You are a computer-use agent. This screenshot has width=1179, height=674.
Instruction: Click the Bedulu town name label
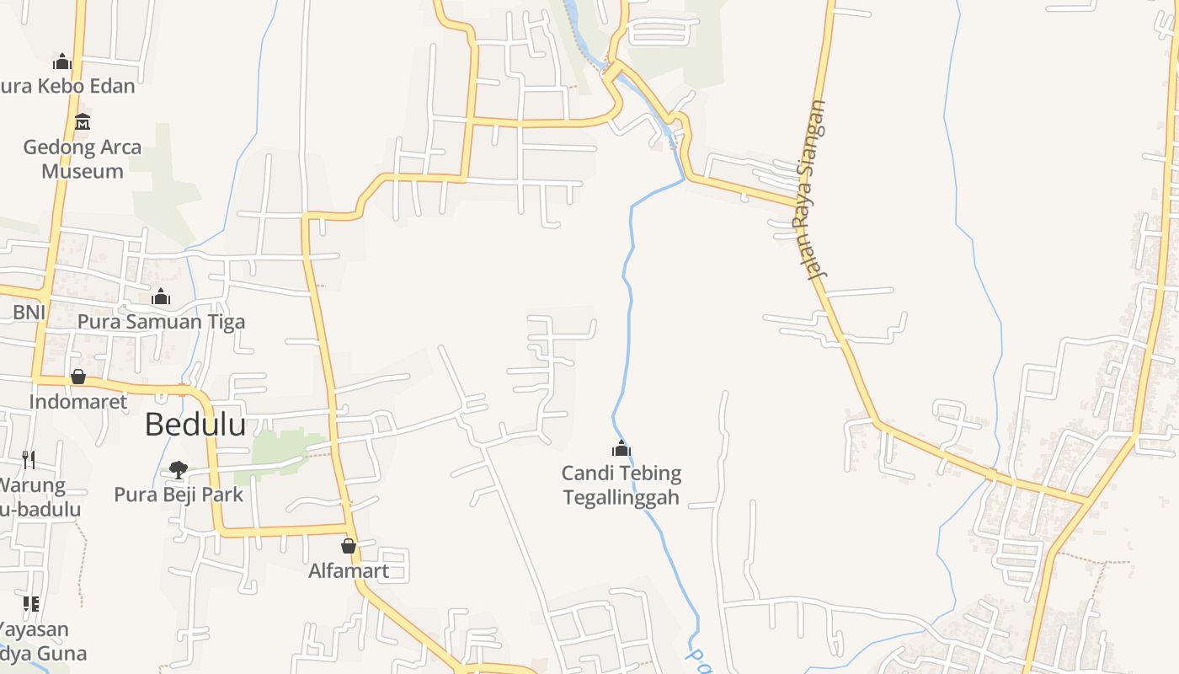(x=195, y=425)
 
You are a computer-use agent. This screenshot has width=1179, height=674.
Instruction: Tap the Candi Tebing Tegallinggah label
(x=622, y=485)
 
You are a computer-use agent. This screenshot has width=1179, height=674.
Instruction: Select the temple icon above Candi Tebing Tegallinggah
(x=622, y=448)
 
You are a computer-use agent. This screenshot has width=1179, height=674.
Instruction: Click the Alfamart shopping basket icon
(x=349, y=546)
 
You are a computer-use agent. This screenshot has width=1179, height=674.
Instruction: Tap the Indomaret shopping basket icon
(x=78, y=377)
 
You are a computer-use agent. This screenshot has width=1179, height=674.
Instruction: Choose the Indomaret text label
(x=78, y=402)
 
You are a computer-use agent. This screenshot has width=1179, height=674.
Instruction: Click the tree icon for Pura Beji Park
(x=178, y=469)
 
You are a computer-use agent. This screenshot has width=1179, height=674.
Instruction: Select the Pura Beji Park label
(x=179, y=495)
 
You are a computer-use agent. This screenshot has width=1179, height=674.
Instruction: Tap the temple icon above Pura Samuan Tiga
(x=161, y=297)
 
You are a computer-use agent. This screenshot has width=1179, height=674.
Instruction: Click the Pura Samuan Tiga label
(x=161, y=322)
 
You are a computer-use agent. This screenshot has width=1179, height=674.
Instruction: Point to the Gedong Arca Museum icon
(x=82, y=122)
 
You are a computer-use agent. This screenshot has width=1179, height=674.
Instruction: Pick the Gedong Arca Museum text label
(x=83, y=159)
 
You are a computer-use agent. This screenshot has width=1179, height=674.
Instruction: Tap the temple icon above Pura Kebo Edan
(x=61, y=62)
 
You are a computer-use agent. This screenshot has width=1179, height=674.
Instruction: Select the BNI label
(x=28, y=313)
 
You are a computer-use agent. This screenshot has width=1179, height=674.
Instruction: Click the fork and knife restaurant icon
(x=29, y=459)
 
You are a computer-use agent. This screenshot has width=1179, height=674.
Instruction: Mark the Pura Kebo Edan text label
(x=67, y=86)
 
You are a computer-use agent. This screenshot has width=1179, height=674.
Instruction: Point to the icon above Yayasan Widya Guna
(x=31, y=603)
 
